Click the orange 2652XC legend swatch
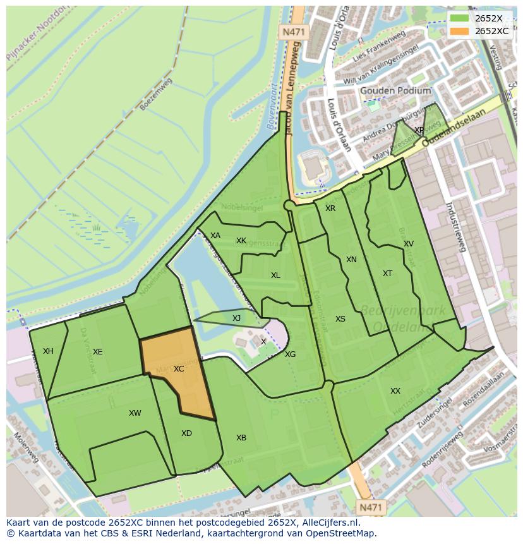[460, 31]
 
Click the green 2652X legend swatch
[460, 18]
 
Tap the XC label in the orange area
[179, 368]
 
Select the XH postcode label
[48, 351]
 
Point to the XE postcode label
[97, 352]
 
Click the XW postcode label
[135, 413]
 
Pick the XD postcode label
[186, 433]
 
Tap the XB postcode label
[241, 438]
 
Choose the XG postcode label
[290, 354]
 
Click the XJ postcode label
[236, 318]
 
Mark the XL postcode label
[275, 275]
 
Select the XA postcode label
[215, 236]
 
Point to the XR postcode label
[330, 209]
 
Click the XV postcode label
[409, 244]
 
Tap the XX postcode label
[395, 391]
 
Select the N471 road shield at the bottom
[371, 507]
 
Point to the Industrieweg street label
[455, 227]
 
